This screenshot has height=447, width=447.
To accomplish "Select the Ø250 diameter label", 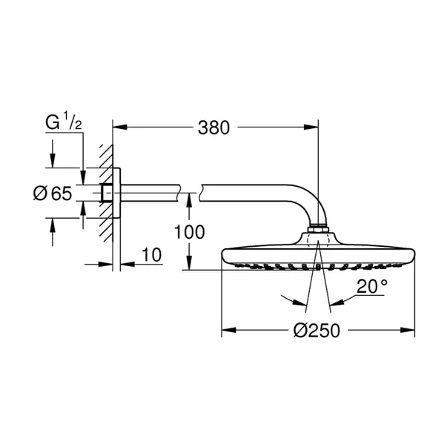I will click(318, 331).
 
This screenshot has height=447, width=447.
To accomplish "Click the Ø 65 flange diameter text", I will click(52, 194).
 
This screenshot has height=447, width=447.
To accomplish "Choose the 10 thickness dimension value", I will click(150, 255).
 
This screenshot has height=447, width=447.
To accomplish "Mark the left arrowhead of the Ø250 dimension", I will click(227, 331).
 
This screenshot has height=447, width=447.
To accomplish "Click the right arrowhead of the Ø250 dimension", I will click(410, 331).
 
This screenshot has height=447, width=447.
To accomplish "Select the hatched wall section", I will click(105, 194).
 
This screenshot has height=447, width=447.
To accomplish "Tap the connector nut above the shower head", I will click(317, 229).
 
